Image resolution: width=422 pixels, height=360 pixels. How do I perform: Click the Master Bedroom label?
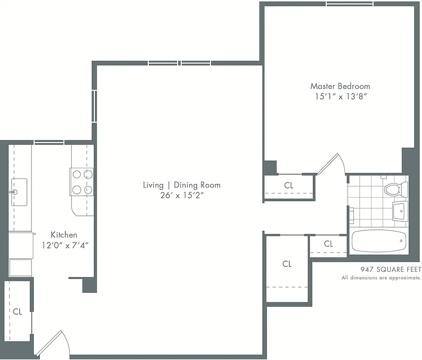pos(340,86)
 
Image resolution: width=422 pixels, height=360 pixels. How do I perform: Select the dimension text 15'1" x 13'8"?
pos(340,96)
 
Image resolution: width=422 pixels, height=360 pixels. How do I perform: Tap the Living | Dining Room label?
pos(182,185)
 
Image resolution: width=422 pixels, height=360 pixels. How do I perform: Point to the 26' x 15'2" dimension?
pos(182,195)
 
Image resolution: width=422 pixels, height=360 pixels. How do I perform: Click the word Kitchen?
pos(63,234)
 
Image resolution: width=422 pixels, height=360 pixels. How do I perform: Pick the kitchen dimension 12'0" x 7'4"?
pos(63,245)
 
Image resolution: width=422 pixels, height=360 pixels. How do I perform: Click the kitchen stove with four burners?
pos(82,181)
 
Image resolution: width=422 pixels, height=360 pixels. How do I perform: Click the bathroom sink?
pos(400,211)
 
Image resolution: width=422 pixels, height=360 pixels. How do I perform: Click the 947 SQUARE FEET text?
pos(391,270)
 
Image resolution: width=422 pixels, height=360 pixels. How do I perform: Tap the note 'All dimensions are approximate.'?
pos(381,278)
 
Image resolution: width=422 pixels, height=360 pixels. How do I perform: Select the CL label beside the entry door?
pos(17,311)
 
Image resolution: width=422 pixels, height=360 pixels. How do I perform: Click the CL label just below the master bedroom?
pos(288,185)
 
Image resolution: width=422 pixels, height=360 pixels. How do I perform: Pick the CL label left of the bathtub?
pos(328,244)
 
